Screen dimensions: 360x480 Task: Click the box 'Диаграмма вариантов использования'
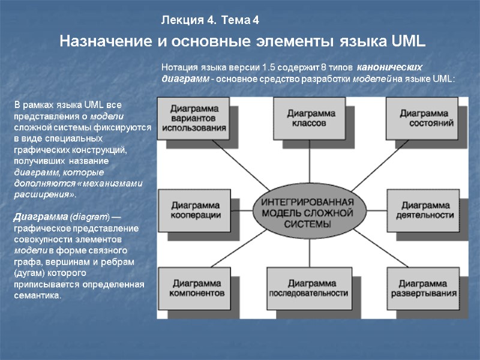(x=194, y=118)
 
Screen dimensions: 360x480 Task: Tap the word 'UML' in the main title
(x=407, y=42)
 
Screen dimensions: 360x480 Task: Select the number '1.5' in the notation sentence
(x=260, y=67)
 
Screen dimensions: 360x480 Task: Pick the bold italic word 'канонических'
(x=390, y=67)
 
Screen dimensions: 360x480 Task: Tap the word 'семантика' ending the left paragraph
(x=37, y=296)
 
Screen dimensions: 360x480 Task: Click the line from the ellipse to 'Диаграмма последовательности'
(x=308, y=253)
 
